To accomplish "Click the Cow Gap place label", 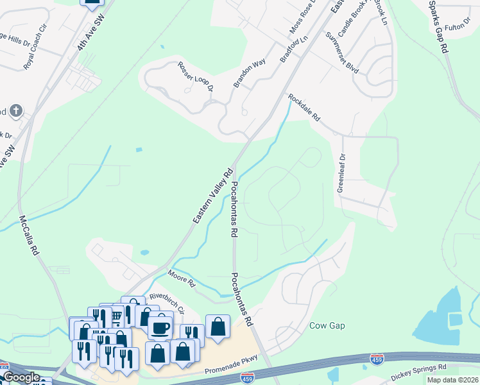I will pos(327,325).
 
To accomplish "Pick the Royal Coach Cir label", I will pos(36,56).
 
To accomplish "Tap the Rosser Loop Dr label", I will pos(195,76).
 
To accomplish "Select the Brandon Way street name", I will pos(250,73).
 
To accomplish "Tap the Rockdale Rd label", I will pos(304,108).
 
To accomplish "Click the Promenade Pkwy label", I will pos(230,371).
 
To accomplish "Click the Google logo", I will pos(21,377).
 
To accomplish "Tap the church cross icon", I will pos(15,111).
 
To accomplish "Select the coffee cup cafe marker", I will pos(160,327).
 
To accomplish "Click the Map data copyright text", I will pos(453,380).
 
